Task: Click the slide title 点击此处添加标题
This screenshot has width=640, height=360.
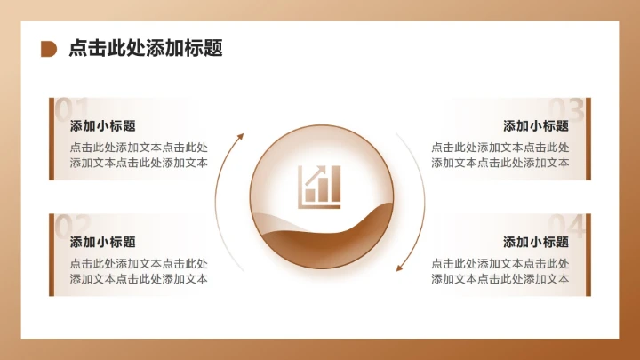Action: [146, 48]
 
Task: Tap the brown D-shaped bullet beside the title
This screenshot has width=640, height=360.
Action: [49, 49]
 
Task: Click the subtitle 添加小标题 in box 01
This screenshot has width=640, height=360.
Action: [102, 126]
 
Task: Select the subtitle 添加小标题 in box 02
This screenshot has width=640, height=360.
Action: [102, 242]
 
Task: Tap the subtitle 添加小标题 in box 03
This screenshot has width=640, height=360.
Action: [536, 126]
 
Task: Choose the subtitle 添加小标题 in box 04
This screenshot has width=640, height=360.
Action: [536, 242]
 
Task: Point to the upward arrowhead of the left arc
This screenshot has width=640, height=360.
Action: [239, 137]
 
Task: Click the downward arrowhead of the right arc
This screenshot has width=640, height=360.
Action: [399, 266]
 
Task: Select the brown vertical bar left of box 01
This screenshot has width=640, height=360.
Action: [51, 139]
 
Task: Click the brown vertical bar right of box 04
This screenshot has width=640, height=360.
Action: [588, 255]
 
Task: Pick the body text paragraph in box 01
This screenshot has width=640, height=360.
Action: [139, 156]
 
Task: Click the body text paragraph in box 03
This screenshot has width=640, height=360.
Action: [500, 156]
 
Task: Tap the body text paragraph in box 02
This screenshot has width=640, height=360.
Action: [139, 271]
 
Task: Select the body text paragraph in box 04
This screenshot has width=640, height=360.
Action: [500, 271]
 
